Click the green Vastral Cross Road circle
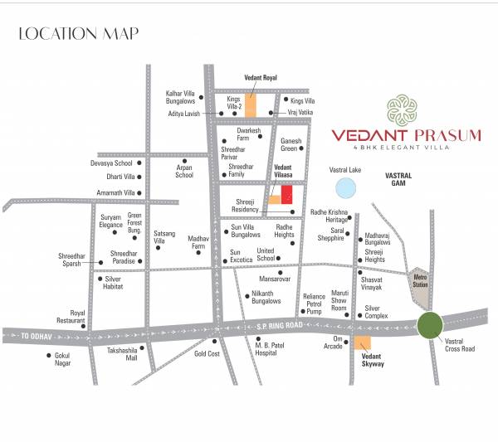coord(430,325)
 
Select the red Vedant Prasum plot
coord(286,195)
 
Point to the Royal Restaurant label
coord(70,316)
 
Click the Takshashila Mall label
coord(121,355)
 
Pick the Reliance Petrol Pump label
coord(313,304)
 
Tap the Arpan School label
coord(184,172)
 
